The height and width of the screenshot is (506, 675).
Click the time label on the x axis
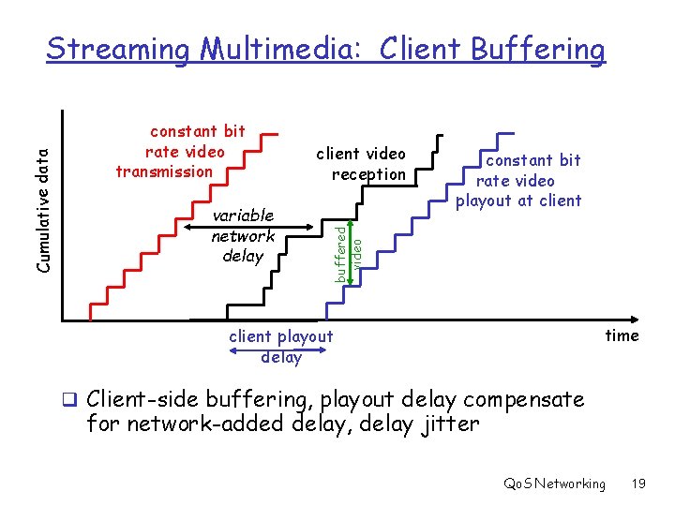click(622, 335)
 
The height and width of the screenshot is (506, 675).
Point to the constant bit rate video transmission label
click(179, 151)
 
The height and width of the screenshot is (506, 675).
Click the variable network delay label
click(243, 235)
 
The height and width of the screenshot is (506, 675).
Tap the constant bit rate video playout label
click(518, 180)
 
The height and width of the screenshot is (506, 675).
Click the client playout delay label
click(281, 346)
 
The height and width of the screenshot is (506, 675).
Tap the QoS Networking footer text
click(554, 484)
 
